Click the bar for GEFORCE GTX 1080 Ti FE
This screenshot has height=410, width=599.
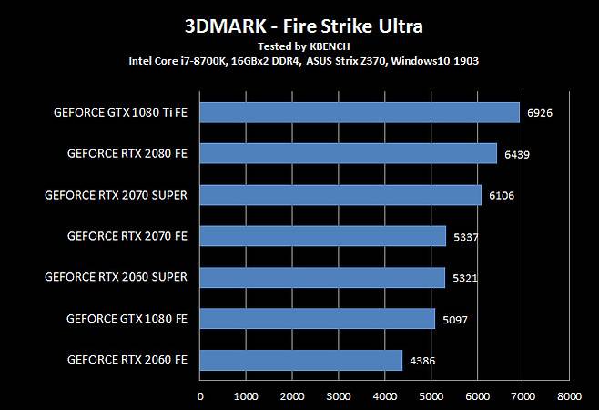[360, 112]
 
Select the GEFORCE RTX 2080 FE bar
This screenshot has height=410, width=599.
[349, 153]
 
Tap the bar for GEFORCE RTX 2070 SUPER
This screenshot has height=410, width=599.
[340, 195]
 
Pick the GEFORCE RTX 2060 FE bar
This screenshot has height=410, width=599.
[300, 361]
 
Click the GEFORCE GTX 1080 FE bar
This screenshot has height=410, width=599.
[317, 319]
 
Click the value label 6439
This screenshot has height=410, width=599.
[516, 154]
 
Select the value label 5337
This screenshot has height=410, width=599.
[465, 237]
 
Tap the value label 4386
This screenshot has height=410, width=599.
[421, 361]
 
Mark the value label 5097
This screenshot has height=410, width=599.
[454, 320]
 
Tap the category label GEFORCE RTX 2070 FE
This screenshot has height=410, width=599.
[127, 236]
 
